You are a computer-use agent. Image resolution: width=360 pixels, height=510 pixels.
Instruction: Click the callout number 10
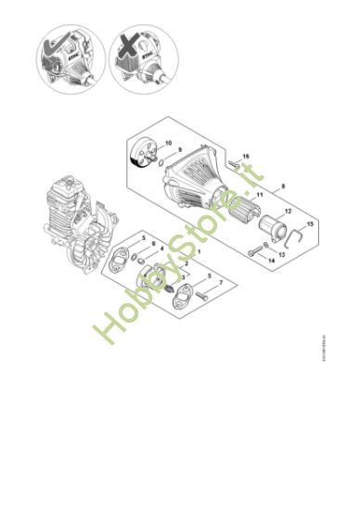[x=168, y=142]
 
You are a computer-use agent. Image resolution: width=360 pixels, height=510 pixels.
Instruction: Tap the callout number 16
[x=246, y=156]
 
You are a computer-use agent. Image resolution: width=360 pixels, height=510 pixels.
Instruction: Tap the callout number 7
[x=221, y=281]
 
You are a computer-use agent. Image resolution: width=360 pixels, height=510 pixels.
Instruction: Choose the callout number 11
[x=260, y=194]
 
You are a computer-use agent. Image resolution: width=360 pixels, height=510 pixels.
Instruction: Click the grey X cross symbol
[x=122, y=44]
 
